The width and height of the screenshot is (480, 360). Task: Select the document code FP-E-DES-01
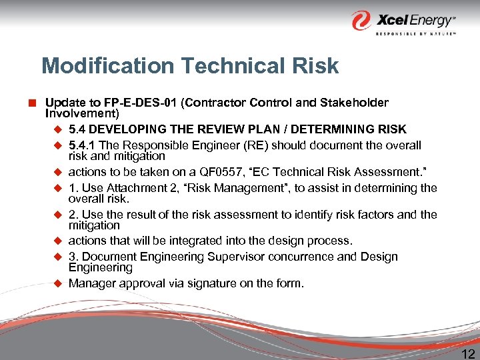[141, 103]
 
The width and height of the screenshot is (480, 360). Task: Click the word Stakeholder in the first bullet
[355, 103]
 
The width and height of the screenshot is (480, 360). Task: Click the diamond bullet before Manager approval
[57, 283]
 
